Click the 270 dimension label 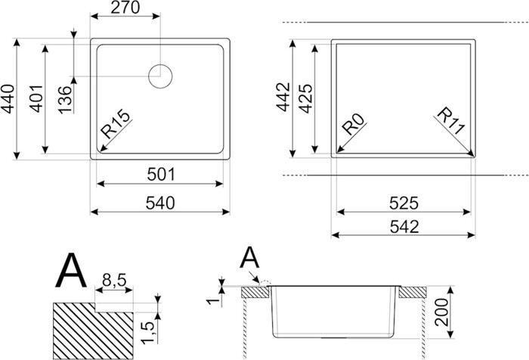coord(125,8)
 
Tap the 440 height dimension coord(8,98)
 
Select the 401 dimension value coord(36,98)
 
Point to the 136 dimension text coord(65,100)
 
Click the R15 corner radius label coord(116,124)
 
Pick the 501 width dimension coord(161,175)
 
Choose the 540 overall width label coord(160,203)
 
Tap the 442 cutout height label coord(283,97)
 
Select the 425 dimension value coord(306,98)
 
